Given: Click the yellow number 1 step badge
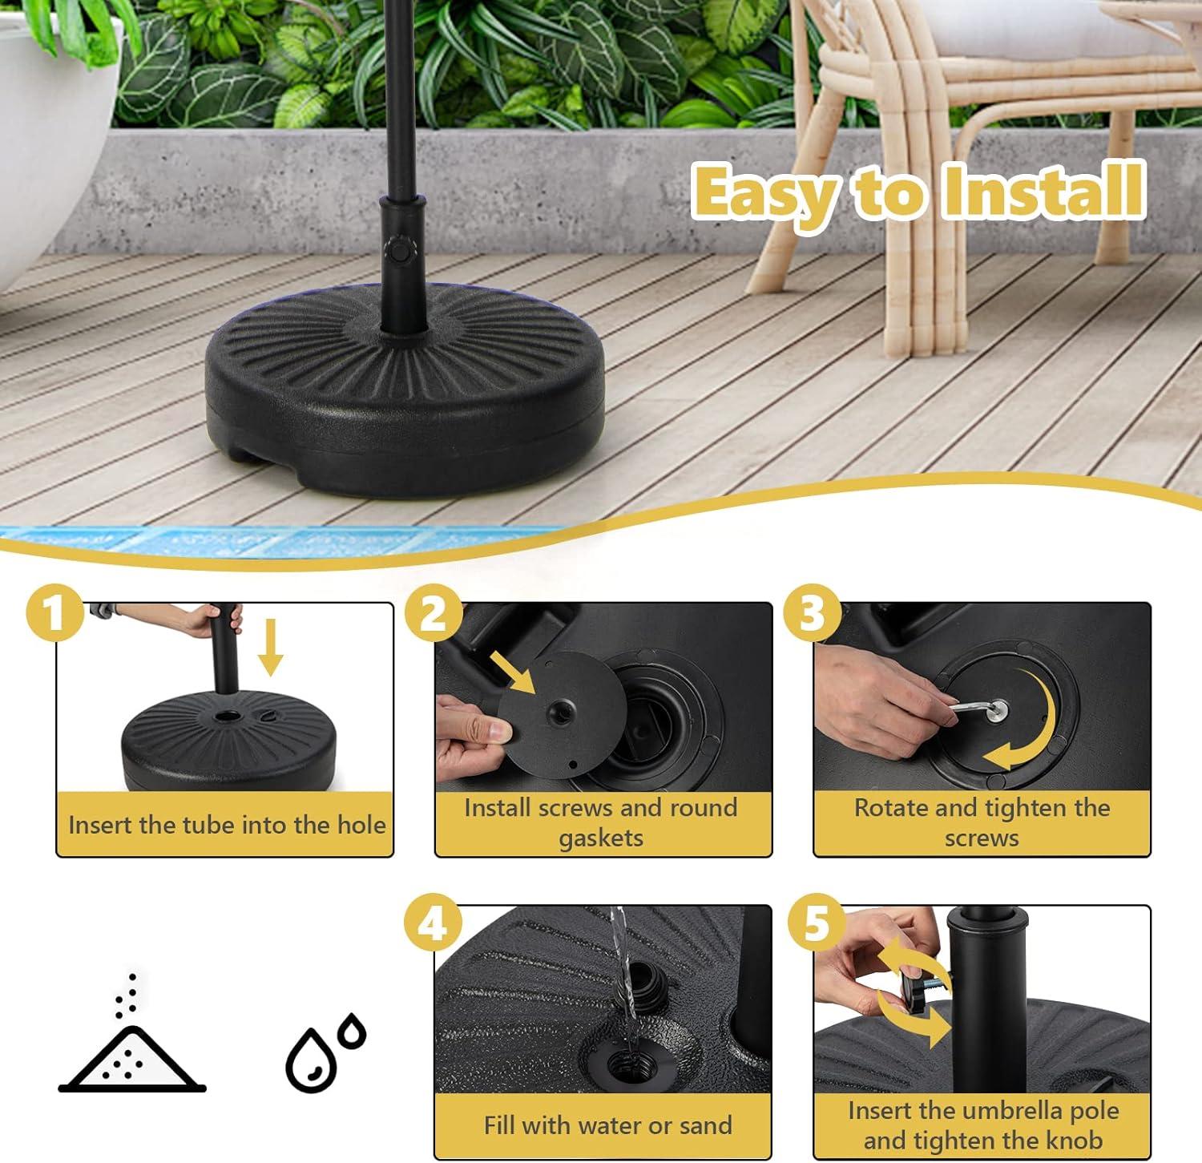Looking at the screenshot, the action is pos(55,613).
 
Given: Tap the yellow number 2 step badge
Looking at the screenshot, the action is pos(434,613).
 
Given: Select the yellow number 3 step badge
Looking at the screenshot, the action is pos(812,613).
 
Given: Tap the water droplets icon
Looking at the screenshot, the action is pos(325,1052).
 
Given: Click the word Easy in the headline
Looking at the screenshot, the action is pos(764,193).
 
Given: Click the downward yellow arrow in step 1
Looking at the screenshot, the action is pos(271,647).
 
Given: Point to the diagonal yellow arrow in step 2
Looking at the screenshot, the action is pos(513,672).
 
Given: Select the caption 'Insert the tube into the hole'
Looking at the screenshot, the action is pos(227,825).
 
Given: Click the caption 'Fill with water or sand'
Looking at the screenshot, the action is pos(607,1125).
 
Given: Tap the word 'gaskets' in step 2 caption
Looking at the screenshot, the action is pos(601,839).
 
